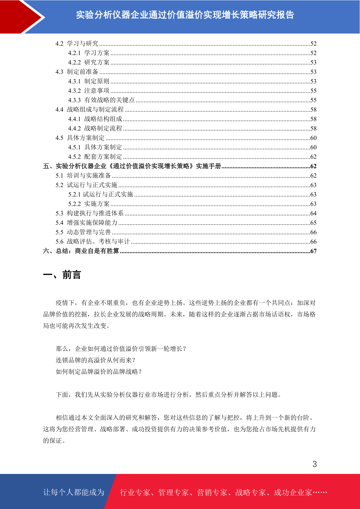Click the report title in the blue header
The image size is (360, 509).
tap(185, 15)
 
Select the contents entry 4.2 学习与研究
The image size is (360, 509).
tap(77, 44)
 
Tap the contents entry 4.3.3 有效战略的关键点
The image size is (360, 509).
tap(101, 100)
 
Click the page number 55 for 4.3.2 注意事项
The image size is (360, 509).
tap(313, 91)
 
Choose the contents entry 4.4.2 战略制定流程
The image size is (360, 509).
tap(95, 128)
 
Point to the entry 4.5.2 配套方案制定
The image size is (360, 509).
tap(95, 157)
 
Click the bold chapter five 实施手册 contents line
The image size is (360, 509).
tap(132, 166)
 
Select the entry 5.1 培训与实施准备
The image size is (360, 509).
tap(83, 176)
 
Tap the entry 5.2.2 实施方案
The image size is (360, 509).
tap(89, 204)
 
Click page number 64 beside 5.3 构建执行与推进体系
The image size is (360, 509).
tap(313, 213)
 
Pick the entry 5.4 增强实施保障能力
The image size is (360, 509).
tap(86, 223)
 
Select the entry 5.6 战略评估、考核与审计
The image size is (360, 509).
tap(92, 242)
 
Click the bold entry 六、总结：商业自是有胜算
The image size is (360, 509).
tap(81, 251)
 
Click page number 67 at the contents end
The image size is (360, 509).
tap(313, 251)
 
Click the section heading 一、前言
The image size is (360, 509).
tap(62, 275)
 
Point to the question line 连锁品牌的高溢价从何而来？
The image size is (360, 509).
tap(96, 360)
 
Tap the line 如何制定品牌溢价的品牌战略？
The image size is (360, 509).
tap(99, 372)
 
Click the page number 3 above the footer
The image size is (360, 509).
tap(315, 464)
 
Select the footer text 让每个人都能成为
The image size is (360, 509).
tap(74, 492)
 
